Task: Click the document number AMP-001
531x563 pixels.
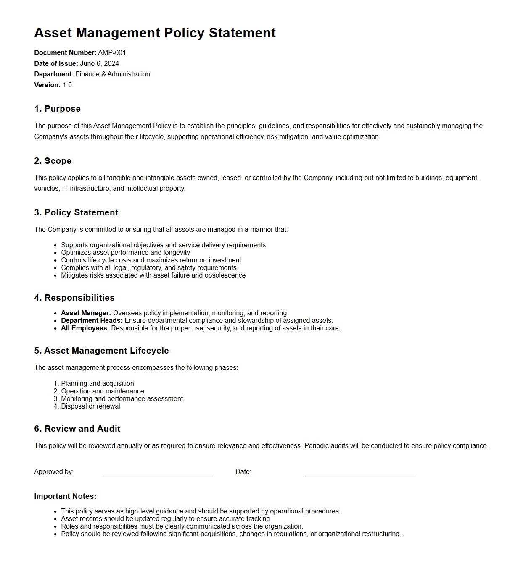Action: coord(112,53)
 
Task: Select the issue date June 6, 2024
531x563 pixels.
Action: coord(99,64)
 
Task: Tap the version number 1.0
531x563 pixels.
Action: coord(67,85)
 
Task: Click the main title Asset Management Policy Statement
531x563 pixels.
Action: coord(155,33)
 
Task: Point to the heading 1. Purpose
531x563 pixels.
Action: coord(57,109)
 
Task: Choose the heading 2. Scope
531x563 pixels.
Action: coord(53,161)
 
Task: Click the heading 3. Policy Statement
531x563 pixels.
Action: coord(76,212)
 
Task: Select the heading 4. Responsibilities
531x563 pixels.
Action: coord(74,298)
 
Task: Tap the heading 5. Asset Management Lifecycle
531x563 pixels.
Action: coord(101,351)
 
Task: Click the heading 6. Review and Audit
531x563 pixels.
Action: coord(77,429)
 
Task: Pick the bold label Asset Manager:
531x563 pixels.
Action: coord(86,313)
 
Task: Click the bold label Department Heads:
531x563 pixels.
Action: coord(92,321)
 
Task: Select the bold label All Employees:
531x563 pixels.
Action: coord(85,328)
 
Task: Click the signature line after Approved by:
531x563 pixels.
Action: coord(158,474)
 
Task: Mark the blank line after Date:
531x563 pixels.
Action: coord(359,474)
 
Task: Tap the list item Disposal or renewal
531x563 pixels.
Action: coord(90,406)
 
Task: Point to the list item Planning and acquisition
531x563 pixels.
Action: coord(98,384)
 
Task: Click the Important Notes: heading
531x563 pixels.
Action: coord(65,496)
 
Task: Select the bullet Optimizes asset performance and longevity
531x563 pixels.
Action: coord(125,253)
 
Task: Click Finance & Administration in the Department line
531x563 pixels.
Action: coord(113,74)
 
